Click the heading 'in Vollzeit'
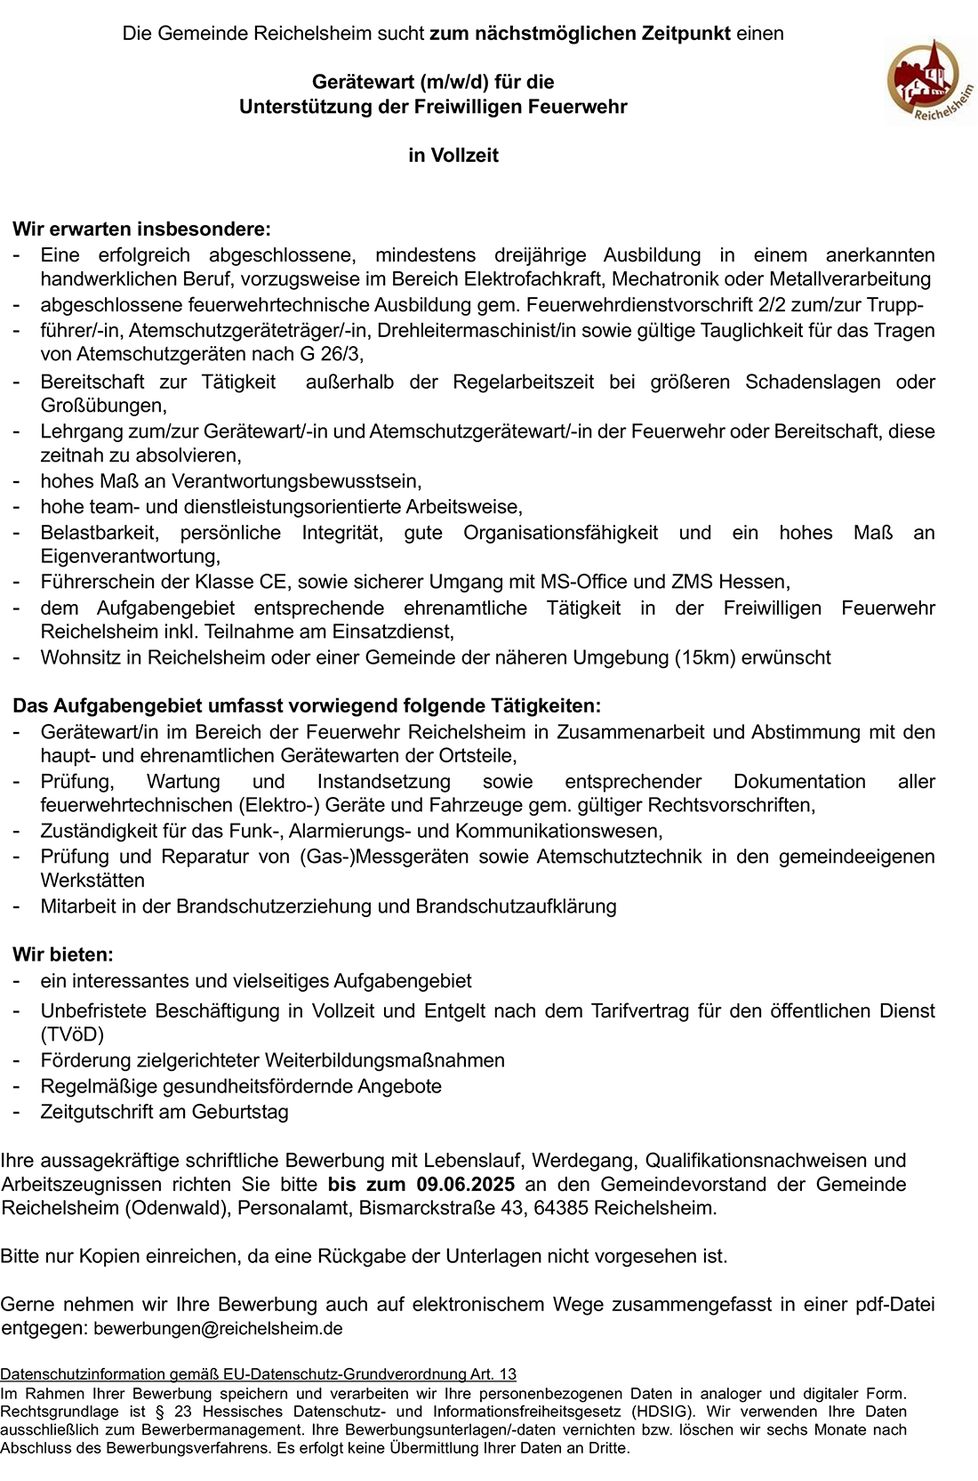click(x=453, y=156)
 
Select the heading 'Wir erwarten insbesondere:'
click(x=141, y=229)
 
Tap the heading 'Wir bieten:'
click(x=63, y=954)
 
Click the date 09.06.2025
click(x=465, y=1184)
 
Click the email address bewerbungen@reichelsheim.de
click(x=218, y=1329)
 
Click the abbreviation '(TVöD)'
click(x=72, y=1034)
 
